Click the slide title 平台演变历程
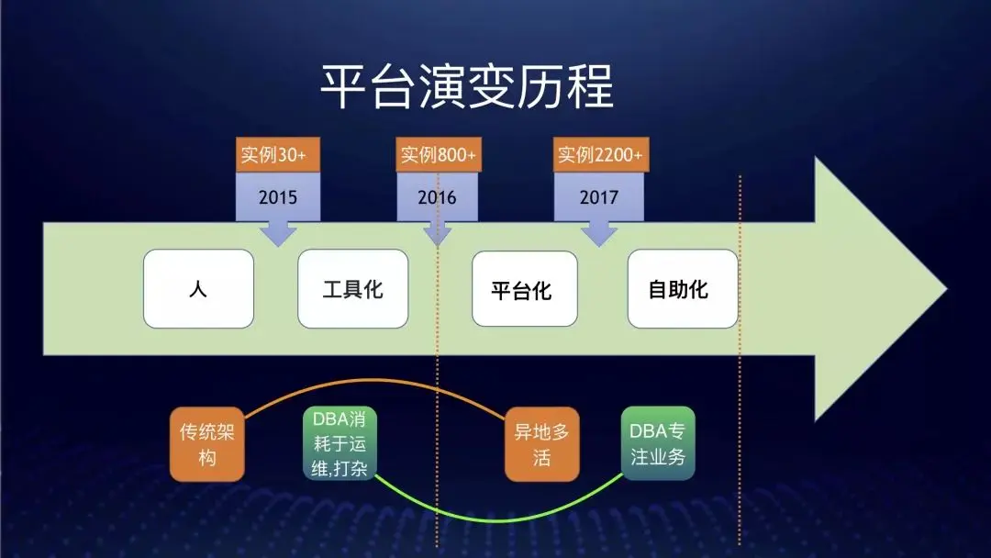click(467, 86)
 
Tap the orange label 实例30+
click(278, 154)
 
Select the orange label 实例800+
click(439, 154)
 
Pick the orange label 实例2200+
click(601, 154)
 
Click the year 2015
click(277, 197)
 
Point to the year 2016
click(437, 197)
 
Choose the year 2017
click(598, 197)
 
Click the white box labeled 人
click(198, 289)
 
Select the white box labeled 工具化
click(352, 289)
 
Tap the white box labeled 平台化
click(525, 289)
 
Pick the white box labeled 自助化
click(683, 289)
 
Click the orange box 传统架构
click(206, 444)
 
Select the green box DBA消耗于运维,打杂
click(340, 443)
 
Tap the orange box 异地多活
click(541, 444)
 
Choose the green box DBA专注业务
click(658, 443)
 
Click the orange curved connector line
click(374, 381)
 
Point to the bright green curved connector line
click(499, 521)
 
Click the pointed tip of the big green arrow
click(946, 289)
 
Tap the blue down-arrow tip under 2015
click(278, 245)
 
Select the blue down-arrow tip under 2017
click(598, 245)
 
